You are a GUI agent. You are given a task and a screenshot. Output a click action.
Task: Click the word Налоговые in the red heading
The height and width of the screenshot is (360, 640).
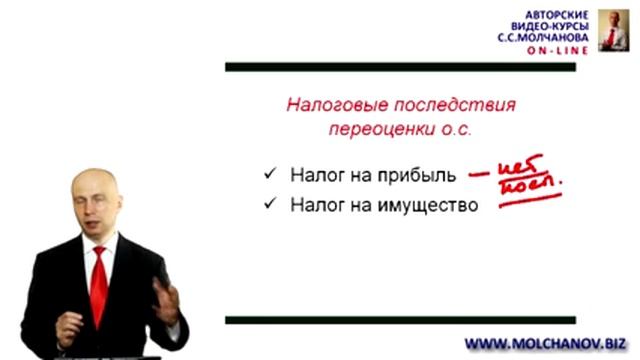click(326, 105)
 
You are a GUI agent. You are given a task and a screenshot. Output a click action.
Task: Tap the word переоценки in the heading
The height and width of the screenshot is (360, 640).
click(371, 130)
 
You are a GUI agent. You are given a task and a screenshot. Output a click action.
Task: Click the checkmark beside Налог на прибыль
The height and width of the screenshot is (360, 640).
click(269, 173)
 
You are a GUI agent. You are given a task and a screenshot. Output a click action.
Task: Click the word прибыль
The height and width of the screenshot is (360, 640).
click(420, 176)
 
